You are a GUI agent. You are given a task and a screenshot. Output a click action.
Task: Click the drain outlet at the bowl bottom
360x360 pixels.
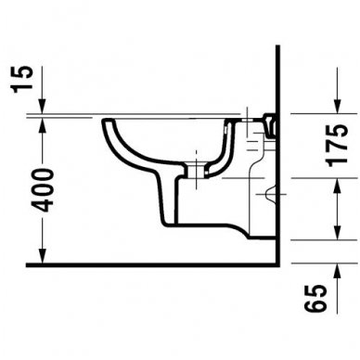click(x=198, y=173)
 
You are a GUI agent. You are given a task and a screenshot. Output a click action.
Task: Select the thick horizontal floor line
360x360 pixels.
click(x=139, y=264)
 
